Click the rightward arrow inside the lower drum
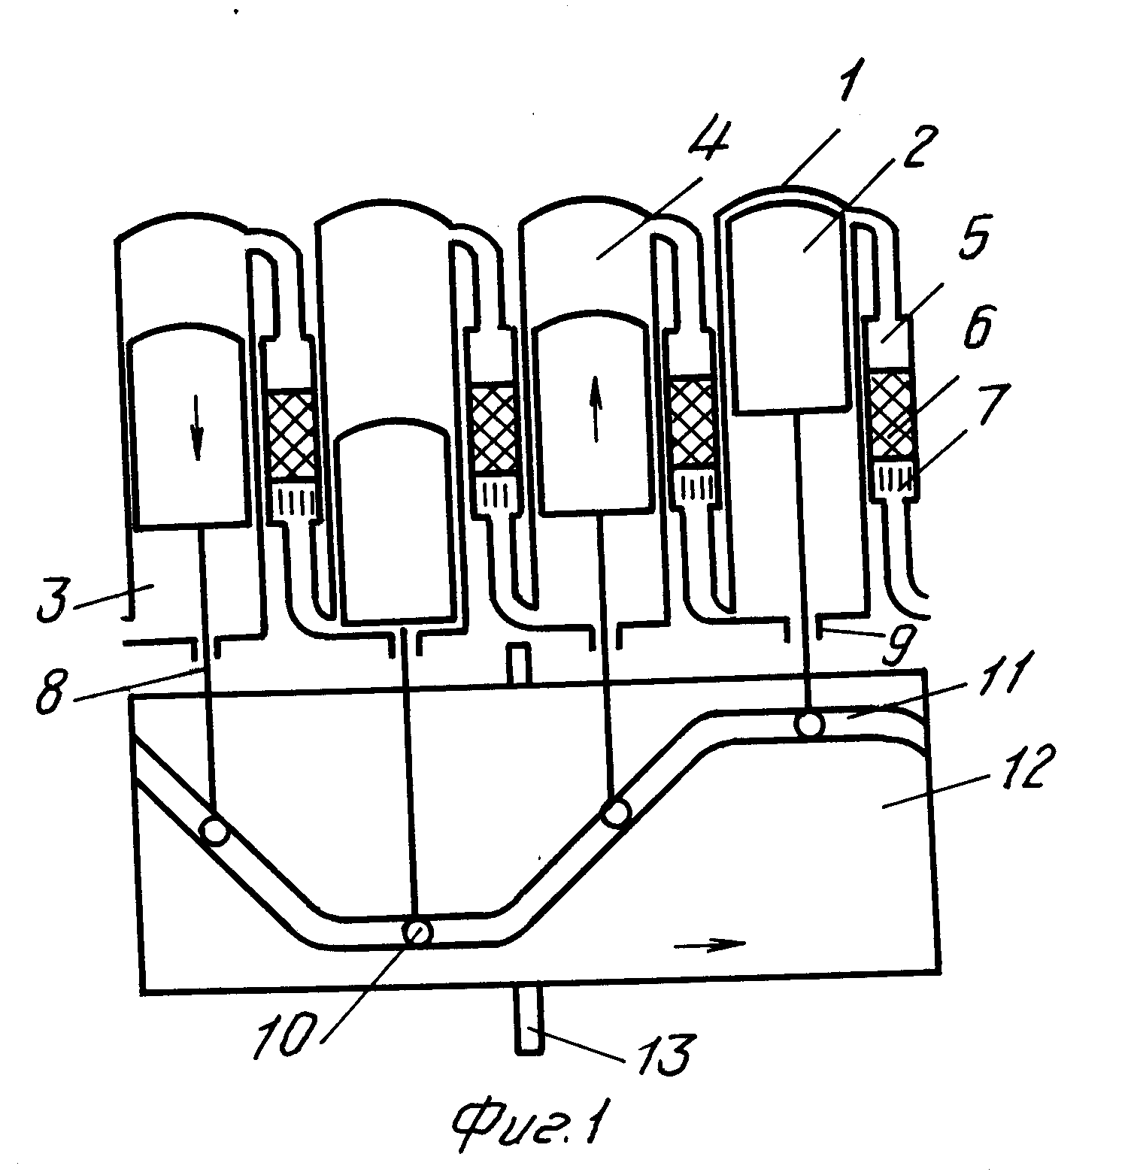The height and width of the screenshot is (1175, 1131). click(710, 943)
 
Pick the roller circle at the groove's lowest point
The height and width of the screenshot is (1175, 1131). click(417, 932)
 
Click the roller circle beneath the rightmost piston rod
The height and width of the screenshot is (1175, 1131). click(810, 724)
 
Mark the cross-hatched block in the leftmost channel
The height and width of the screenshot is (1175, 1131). click(293, 435)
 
